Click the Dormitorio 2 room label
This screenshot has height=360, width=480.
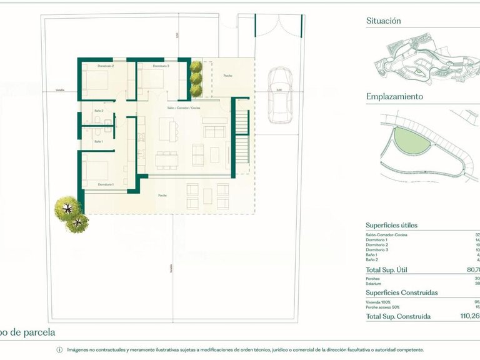point(105,66)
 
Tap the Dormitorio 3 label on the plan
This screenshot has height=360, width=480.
point(161,66)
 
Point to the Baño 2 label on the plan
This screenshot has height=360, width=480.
point(99,111)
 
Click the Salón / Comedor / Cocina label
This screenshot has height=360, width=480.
point(188,108)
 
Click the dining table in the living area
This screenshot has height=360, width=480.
point(167,159)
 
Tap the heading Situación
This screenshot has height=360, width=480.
point(383,21)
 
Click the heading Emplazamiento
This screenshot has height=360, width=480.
point(394,97)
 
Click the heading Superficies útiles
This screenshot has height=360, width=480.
point(391,225)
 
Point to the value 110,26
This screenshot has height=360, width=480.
point(468,316)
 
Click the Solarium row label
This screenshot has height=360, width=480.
point(374,283)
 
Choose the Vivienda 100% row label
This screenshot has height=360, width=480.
point(379,301)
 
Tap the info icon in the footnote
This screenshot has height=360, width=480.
point(59,350)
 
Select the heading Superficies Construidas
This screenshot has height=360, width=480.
point(401,292)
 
